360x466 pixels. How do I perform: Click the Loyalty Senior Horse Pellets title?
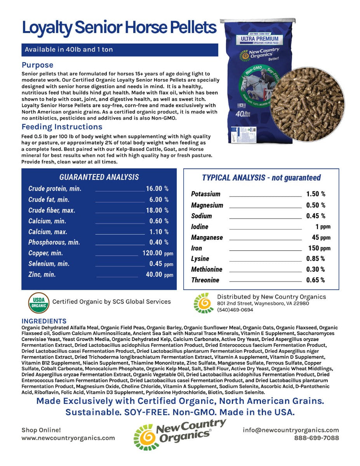[x=119, y=28]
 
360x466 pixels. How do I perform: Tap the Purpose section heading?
[x=38, y=65]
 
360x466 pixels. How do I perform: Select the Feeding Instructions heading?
[x=62, y=127]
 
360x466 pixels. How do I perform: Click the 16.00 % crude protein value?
[x=157, y=189]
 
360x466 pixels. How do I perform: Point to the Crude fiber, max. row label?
[x=52, y=210]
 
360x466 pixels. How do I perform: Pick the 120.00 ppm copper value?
[x=158, y=253]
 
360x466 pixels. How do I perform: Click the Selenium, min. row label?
[x=49, y=264]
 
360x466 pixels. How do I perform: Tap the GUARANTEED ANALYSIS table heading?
[x=99, y=177]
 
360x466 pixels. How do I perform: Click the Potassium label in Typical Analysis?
[x=205, y=194]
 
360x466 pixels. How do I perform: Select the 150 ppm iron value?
[x=319, y=248]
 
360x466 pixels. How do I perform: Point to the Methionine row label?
[x=207, y=270]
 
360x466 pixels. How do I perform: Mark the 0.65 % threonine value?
[x=315, y=280]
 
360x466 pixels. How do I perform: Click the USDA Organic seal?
[x=39, y=303]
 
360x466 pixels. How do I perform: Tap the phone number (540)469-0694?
[x=235, y=310]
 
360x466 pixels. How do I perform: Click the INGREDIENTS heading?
[x=44, y=321]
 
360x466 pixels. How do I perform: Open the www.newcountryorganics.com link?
[x=68, y=438]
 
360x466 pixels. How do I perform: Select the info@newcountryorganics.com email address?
[x=291, y=430]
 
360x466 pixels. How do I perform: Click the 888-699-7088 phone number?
[x=316, y=438]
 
